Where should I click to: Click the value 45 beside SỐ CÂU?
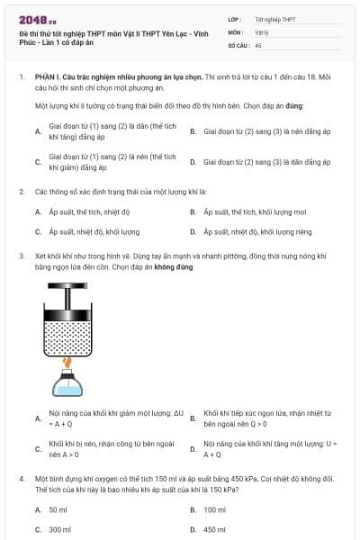coord(258,43)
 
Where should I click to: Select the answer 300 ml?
coord(59,529)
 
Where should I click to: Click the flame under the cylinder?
coord(67,362)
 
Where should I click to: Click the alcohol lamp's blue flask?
coord(67,384)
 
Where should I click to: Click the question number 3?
coord(21,256)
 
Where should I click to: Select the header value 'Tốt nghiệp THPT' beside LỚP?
coord(274,18)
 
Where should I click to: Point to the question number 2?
coord(21,192)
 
